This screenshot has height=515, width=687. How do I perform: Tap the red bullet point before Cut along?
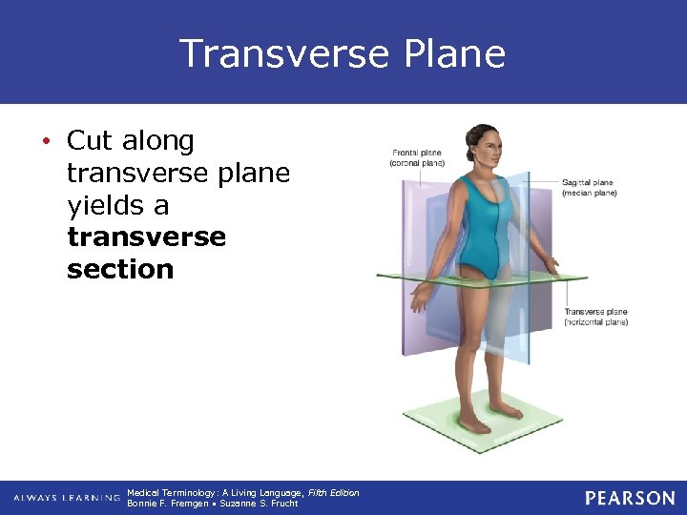(x=46, y=142)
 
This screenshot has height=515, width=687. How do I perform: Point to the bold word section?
(x=120, y=270)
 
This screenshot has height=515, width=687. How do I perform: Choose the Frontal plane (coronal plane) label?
(x=417, y=157)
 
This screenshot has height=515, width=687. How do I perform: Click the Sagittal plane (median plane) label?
(x=589, y=187)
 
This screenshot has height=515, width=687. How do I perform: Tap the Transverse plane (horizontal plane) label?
(x=595, y=317)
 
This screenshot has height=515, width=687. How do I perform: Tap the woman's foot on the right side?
(x=505, y=410)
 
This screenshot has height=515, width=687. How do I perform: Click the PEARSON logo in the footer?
(x=630, y=498)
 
